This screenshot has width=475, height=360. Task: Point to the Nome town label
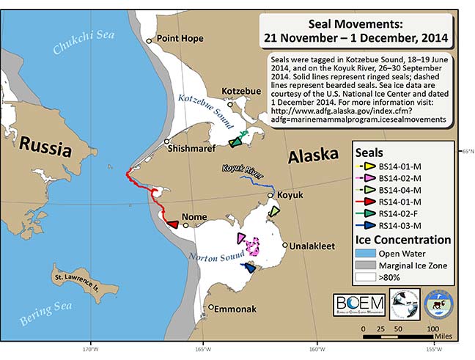(x=205, y=217)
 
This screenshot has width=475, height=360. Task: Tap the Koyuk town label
(x=287, y=195)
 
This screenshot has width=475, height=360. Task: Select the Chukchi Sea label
(x=82, y=39)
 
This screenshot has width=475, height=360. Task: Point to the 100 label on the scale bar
(x=433, y=329)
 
